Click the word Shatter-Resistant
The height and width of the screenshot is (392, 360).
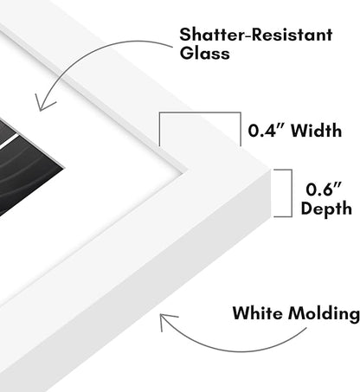[256, 35]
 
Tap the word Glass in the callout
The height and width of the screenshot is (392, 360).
[204, 54]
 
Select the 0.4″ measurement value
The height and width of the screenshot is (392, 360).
[267, 131]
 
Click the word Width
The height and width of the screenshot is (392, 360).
[317, 131]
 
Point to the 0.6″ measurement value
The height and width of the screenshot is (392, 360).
[324, 190]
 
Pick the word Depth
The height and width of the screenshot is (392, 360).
[326, 209]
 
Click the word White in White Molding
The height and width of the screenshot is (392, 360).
[258, 313]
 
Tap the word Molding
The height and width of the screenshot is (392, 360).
[324, 314]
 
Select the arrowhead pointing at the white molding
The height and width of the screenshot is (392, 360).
[166, 320]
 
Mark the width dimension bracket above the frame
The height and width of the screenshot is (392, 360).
[200, 112]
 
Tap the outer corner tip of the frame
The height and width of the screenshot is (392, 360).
[271, 170]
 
